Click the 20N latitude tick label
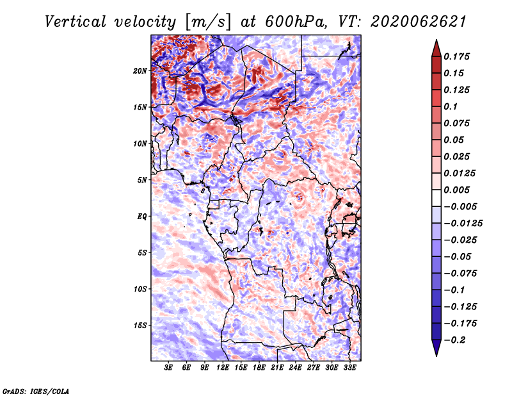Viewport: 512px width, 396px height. click(140, 70)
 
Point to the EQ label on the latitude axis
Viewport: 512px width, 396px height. click(142, 216)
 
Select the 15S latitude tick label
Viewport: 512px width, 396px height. click(140, 325)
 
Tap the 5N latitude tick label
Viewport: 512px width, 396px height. click(142, 179)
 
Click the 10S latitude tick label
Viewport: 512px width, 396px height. click(140, 289)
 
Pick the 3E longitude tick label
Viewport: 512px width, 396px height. click(169, 368)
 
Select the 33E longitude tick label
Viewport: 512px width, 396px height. click(350, 368)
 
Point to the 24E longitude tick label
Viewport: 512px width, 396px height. click(296, 368)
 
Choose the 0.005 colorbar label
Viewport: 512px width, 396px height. click(458, 190)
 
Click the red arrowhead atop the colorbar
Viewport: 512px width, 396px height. click(435, 47)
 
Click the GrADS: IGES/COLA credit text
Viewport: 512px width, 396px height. click(35, 390)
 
